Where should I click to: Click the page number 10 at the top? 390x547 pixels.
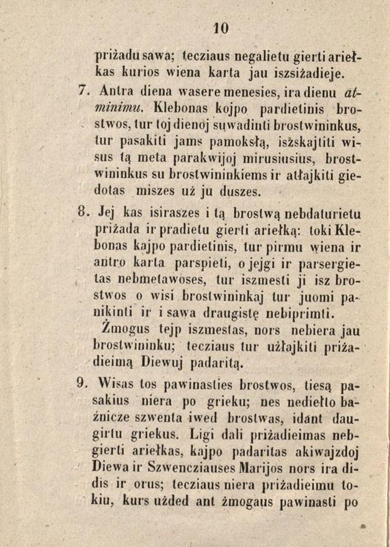point(220,28)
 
